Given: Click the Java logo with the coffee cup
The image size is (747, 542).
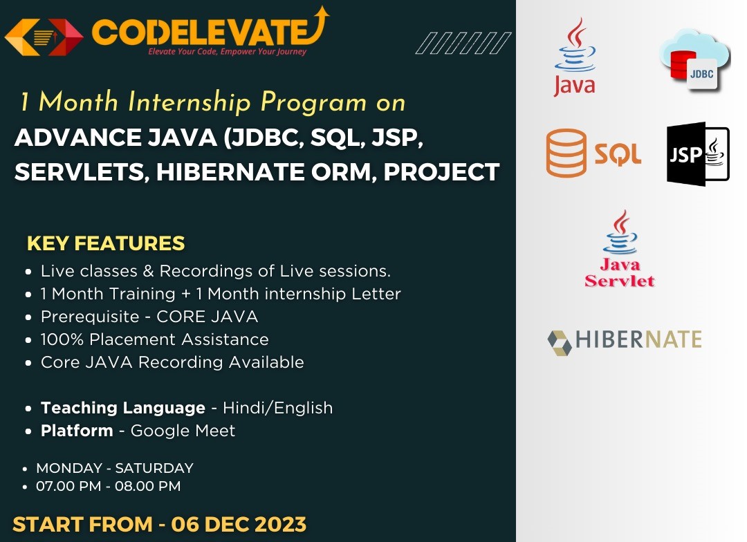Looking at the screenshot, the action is (x=575, y=57).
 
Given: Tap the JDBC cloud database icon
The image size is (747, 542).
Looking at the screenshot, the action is (x=694, y=60).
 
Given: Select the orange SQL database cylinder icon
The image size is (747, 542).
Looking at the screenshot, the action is (x=566, y=153).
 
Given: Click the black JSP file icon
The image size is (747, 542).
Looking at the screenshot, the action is (x=698, y=154).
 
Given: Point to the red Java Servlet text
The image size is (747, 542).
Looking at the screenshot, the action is (x=620, y=272).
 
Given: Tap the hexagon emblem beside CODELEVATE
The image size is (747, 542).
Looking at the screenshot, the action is (x=44, y=37).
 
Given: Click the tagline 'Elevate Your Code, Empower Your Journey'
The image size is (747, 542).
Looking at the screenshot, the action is (x=228, y=51).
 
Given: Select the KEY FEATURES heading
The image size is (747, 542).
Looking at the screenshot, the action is (x=106, y=243).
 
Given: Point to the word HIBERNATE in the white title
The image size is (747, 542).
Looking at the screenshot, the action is (x=230, y=172).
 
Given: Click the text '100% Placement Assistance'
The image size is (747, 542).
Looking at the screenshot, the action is (x=154, y=339).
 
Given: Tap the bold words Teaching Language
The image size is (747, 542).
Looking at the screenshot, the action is (x=123, y=408).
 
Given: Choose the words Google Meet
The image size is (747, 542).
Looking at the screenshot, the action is (x=183, y=431).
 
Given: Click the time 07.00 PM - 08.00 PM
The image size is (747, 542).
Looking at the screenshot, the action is (x=108, y=486).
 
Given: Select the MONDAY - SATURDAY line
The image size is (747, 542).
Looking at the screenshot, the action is (x=115, y=468).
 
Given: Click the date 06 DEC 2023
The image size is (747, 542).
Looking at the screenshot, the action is (x=239, y=525).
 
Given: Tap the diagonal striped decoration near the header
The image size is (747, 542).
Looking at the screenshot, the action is (x=463, y=43).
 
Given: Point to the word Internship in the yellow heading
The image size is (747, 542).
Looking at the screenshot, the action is (x=190, y=102).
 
